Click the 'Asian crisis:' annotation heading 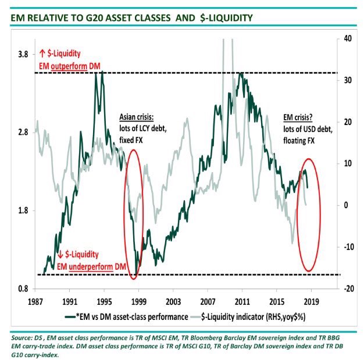point(138,116)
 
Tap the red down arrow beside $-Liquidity point(61,254)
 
